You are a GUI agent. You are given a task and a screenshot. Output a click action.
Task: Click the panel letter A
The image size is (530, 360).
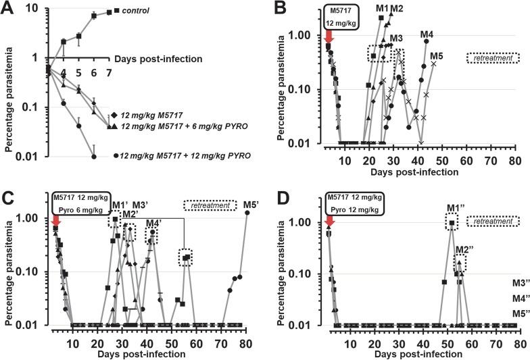coord(8,7)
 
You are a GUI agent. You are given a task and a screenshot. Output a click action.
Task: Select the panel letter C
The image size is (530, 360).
coord(8,191)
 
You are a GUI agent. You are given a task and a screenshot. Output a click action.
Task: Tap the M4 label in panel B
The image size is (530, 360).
coord(427,34)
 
